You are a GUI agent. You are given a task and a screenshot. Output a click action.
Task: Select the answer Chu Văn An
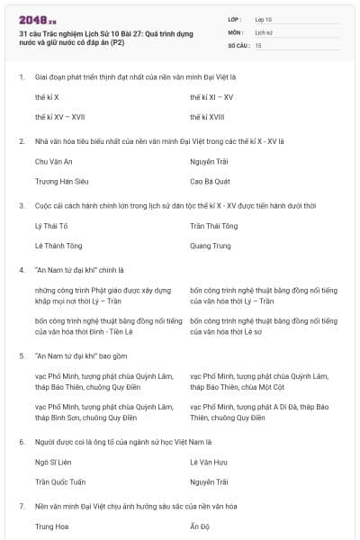pos(53,161)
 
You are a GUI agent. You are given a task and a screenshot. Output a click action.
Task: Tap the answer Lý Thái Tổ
pos(50,226)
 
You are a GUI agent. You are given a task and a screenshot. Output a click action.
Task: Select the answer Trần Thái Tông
pos(214,226)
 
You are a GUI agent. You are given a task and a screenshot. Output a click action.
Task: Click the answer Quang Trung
pos(211,246)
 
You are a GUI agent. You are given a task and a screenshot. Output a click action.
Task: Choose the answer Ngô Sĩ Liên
pos(52,462)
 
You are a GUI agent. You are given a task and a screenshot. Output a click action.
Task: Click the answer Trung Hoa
pos(51,526)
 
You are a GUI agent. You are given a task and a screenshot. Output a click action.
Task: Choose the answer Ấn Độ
pos(199,526)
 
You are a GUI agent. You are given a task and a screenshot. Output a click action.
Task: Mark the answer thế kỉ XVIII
pos(209,116)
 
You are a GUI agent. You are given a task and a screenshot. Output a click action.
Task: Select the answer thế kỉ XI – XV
pos(211,96)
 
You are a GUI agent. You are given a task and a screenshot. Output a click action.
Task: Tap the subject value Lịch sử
pos(264,31)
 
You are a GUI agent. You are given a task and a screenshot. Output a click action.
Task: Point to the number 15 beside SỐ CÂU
pos(258,44)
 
